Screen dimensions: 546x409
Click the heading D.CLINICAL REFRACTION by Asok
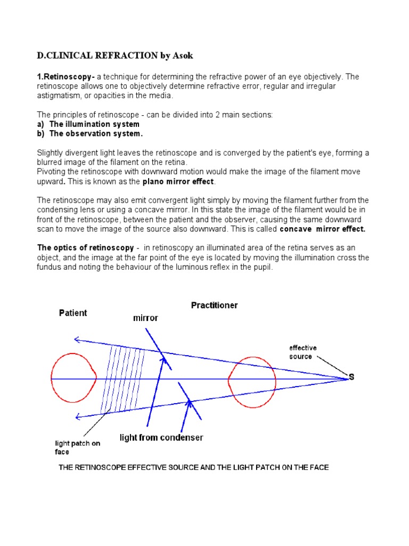tap(111, 55)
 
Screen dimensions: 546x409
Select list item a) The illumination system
tap(88, 124)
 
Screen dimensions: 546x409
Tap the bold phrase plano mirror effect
tap(178, 181)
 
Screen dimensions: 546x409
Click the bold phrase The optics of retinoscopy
tap(85, 248)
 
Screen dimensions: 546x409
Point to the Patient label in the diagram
tap(73, 313)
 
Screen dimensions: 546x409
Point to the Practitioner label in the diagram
tap(214, 306)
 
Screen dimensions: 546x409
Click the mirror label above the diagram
tap(145, 318)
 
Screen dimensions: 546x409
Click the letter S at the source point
tap(351, 378)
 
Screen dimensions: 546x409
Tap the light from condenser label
tap(161, 438)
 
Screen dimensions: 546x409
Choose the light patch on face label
tap(77, 447)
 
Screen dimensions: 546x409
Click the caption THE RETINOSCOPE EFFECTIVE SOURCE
tap(193, 467)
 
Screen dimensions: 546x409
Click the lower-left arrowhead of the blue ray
tap(78, 416)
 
